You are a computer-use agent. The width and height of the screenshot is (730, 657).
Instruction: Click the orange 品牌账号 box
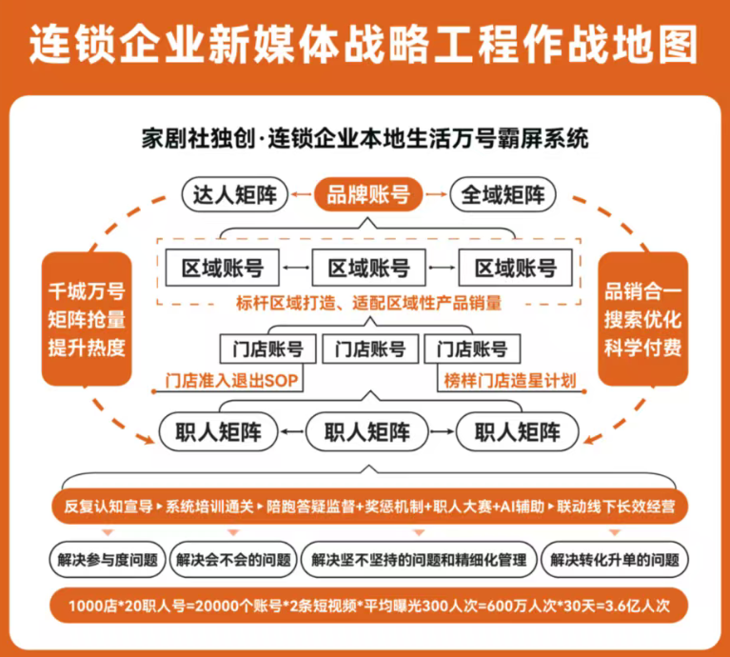tap(368, 194)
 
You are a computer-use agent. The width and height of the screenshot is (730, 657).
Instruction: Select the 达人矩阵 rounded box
tap(235, 194)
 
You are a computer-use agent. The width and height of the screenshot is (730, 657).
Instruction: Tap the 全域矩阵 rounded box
tap(503, 194)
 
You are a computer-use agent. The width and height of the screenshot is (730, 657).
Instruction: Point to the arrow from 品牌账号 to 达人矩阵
tap(302, 194)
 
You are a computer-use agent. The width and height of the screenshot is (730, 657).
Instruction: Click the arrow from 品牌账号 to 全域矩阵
tap(436, 194)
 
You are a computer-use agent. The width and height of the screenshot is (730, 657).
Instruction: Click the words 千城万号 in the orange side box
tap(87, 292)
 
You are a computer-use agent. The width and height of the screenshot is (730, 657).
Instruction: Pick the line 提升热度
tap(87, 348)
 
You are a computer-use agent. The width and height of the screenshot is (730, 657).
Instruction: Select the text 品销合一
tap(642, 292)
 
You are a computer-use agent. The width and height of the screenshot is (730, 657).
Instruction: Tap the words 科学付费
tap(642, 348)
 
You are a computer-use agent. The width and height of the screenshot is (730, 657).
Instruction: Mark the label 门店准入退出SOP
tap(231, 381)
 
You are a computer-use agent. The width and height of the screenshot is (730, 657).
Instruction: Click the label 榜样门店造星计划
tap(510, 381)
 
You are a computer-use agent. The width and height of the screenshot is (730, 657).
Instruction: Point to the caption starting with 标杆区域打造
tap(368, 303)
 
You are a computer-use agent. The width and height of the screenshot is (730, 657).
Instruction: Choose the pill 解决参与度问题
tap(108, 559)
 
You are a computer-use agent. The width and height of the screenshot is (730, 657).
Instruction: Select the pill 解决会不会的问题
tap(233, 559)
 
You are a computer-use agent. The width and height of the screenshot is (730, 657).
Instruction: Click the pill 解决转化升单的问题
tap(615, 559)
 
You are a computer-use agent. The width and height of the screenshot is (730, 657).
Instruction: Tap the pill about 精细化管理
tap(419, 559)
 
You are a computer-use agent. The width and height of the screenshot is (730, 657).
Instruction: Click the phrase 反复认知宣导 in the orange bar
tap(109, 507)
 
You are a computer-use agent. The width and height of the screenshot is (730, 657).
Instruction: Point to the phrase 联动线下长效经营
tap(616, 507)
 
